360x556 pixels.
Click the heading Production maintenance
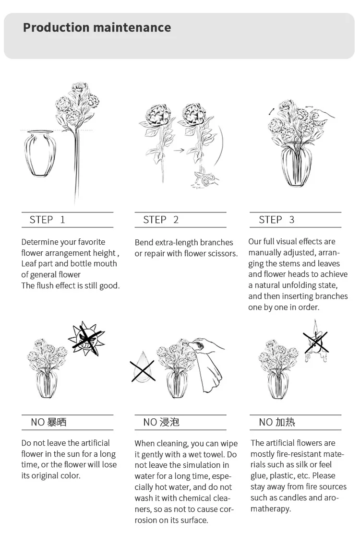click(97, 27)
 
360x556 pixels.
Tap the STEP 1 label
click(47, 220)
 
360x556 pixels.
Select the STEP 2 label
click(161, 220)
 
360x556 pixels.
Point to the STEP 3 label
click(276, 220)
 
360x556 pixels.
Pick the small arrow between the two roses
click(179, 150)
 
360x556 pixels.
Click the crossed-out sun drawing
click(86, 339)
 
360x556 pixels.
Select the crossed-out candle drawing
click(315, 341)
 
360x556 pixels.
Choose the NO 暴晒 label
click(48, 422)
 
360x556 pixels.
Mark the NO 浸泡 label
click(161, 422)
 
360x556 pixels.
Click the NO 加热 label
click(277, 422)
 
